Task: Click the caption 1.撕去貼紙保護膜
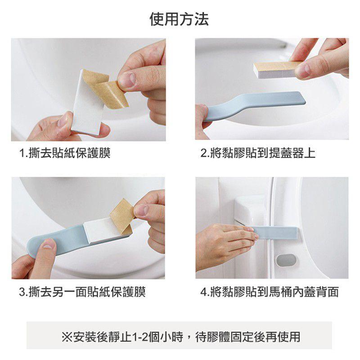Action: (x=65, y=153)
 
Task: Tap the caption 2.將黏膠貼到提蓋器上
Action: (x=257, y=153)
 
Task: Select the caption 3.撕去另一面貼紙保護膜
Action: (x=82, y=292)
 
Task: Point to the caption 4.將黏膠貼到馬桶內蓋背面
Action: (x=269, y=292)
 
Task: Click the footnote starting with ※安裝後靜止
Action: (x=180, y=336)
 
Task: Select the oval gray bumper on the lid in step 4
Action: (x=287, y=260)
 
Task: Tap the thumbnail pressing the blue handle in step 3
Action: (x=49, y=244)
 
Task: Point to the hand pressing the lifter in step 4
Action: (x=220, y=243)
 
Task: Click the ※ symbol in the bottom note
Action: (x=66, y=336)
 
